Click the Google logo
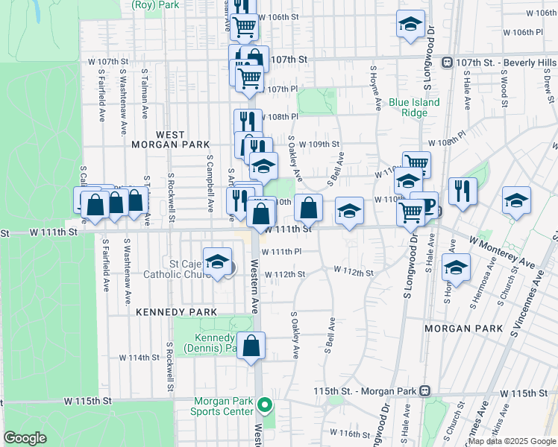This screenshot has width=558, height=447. point(25,438)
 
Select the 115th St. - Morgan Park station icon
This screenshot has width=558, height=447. point(425,390)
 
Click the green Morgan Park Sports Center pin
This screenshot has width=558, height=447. point(264,406)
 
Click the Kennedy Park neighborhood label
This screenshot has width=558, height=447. point(177,312)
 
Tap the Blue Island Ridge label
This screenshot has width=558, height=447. point(414,107)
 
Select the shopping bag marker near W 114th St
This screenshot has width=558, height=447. point(251,346)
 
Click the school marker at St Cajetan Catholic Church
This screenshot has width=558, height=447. point(217,262)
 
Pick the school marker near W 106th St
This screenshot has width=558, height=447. point(410,25)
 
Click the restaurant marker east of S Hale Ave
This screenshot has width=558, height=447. point(463,191)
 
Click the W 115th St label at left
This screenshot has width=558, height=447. point(87,401)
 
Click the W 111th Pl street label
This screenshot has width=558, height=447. point(281,252)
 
